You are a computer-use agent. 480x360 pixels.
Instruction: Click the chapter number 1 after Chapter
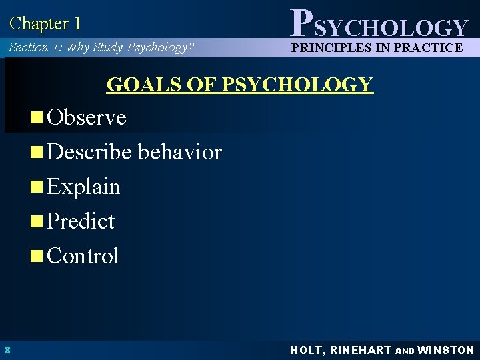coord(77,24)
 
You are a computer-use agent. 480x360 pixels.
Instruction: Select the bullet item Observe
coord(87,117)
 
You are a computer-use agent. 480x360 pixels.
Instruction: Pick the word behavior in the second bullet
coord(180,152)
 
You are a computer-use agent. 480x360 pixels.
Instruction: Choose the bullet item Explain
coord(83,187)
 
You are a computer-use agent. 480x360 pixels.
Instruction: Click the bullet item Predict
coord(81,221)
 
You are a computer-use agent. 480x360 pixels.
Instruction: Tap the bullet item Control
coord(83,256)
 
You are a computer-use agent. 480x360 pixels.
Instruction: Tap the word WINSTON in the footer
coord(446,350)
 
